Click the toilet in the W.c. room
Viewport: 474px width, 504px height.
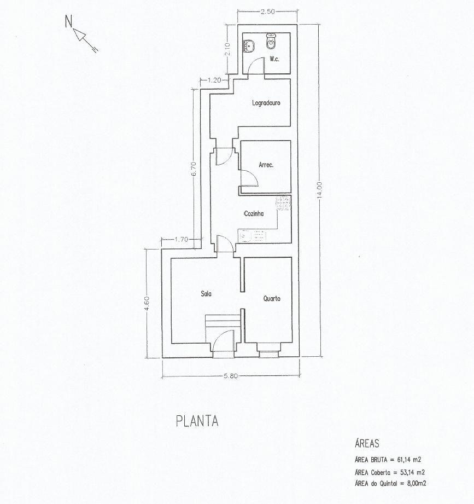coord(271,41)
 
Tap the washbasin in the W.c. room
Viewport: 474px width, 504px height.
coord(249,46)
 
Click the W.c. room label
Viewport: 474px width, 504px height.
coord(274,59)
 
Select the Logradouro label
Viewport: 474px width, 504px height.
coord(266,103)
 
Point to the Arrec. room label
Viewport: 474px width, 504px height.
coord(266,165)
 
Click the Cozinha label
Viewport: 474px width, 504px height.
coord(254,213)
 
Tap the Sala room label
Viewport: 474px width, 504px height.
coord(206,293)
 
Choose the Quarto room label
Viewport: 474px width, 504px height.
coord(272,299)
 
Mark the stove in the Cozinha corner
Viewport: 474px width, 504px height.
coord(284,204)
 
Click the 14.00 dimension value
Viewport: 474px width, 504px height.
coord(319,190)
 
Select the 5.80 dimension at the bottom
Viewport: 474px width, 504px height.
coord(231,376)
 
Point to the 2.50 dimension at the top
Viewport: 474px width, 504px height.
coord(267,11)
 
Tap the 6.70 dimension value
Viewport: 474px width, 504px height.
coord(194,169)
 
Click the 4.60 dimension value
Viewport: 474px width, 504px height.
coord(147,303)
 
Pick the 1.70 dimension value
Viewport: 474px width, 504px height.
coord(182,240)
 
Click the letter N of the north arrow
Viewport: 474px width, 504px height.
coord(68,21)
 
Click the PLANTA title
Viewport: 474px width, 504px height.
coord(197,421)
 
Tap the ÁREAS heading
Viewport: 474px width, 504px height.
coord(367,443)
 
